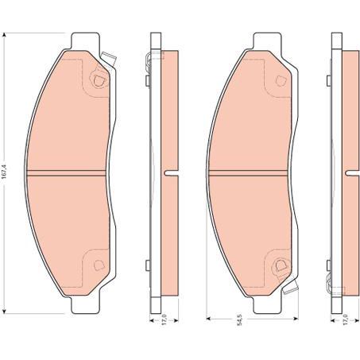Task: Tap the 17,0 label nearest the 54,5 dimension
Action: point(344,322)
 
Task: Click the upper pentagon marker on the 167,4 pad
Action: point(98,79)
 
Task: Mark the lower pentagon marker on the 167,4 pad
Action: point(98,265)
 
